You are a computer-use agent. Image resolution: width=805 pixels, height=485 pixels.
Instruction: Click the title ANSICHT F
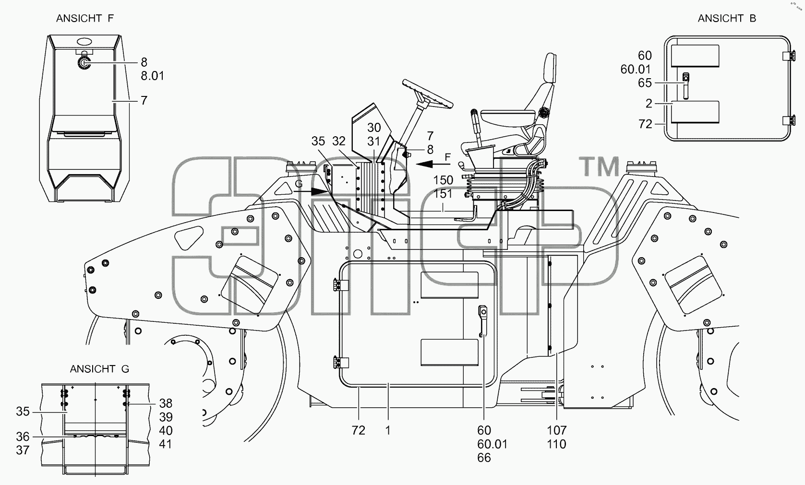(x=85, y=18)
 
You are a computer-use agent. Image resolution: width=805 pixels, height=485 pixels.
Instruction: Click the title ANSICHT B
(x=727, y=18)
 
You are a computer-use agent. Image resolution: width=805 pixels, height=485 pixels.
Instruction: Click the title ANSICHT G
(x=99, y=369)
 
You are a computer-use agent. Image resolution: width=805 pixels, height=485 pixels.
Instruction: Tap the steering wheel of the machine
(x=427, y=94)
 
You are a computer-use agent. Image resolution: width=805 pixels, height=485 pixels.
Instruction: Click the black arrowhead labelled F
(x=424, y=164)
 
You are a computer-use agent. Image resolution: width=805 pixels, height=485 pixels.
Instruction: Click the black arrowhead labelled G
(x=320, y=191)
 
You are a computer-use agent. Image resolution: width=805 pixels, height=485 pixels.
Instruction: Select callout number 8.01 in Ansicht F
(x=152, y=76)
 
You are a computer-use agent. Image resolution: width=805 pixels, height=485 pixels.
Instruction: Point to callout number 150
(x=443, y=180)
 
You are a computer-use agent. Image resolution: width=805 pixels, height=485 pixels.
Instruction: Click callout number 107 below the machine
(x=557, y=430)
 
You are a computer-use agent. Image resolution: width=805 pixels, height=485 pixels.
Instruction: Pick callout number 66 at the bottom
(x=484, y=458)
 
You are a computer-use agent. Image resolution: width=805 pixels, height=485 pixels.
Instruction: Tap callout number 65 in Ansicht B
(x=645, y=83)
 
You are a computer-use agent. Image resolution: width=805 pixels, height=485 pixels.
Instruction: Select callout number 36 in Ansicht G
(x=23, y=437)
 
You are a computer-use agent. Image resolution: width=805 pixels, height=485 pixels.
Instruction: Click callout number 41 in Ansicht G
(x=166, y=444)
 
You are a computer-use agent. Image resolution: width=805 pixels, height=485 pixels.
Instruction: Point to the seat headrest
(x=550, y=68)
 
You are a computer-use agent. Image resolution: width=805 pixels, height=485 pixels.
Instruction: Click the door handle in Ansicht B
(x=685, y=86)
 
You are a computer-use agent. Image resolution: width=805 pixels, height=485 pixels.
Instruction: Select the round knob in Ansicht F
(x=84, y=63)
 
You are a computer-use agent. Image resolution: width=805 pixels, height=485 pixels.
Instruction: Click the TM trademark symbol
(x=599, y=166)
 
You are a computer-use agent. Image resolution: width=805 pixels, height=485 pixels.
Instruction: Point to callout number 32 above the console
(x=339, y=141)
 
